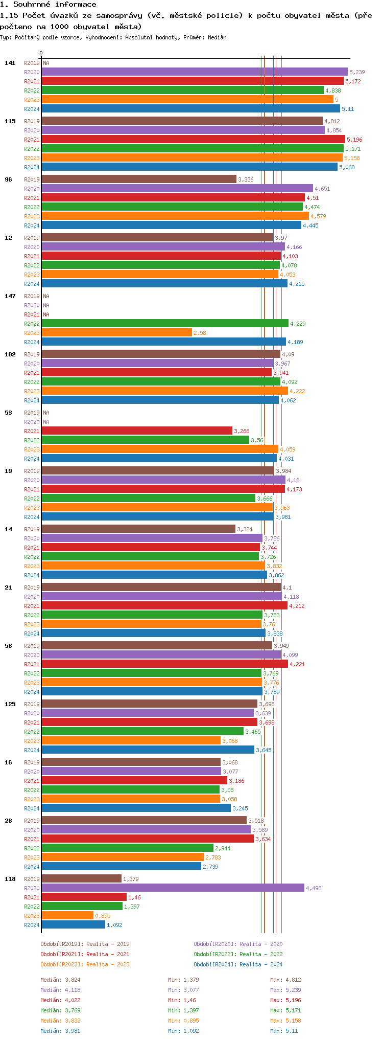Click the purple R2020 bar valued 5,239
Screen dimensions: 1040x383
pos(194,72)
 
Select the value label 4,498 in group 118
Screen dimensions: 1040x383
pos(314,888)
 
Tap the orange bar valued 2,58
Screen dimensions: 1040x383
pos(116,333)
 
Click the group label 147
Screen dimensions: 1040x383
pos(10,296)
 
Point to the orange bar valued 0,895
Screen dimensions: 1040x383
pos(67,916)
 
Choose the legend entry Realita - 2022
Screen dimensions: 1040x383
pos(238,954)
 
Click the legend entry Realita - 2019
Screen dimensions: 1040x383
pos(85,944)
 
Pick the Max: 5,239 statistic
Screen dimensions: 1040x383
pos(285,990)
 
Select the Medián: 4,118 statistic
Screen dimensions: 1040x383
pos(60,990)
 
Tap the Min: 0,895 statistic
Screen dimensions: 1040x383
pos(183,1021)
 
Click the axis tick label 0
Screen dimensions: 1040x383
pos(41,53)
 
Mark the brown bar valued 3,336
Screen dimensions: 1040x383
pos(139,179)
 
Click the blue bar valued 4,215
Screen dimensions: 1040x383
pos(164,284)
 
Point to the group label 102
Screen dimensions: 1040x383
pos(10,354)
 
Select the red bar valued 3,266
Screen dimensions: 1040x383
pos(137,431)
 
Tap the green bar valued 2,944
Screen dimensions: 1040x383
pos(127,848)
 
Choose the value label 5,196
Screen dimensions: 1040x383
pos(354,140)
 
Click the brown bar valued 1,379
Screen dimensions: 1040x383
pos(81,879)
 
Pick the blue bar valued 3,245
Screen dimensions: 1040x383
pos(136,808)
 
